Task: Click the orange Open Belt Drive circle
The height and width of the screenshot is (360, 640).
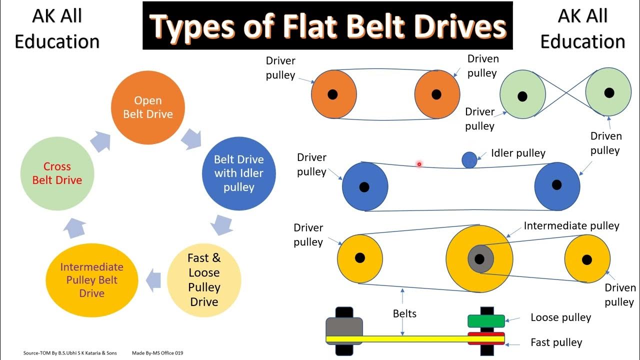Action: point(147,107)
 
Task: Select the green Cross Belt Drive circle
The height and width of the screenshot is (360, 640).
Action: point(57,173)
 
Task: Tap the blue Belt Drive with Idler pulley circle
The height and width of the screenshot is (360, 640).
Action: point(239,173)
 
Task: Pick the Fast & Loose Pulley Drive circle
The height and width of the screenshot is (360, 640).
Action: point(204,280)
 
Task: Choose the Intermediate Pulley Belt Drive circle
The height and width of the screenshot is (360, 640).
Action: point(91,280)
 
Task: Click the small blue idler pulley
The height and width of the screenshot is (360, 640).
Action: point(469,160)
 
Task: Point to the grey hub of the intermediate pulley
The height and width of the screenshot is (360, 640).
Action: point(480,259)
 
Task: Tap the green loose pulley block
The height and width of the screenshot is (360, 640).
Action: point(486,320)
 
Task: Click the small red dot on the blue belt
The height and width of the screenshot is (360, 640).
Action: point(419,164)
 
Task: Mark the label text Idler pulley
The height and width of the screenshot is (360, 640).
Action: point(518,153)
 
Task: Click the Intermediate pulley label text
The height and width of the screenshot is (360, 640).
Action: point(571,226)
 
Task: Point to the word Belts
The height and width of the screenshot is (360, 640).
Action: point(404,313)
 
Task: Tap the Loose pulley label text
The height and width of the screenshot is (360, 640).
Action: point(560,317)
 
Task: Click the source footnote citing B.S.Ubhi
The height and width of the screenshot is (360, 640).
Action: point(70,353)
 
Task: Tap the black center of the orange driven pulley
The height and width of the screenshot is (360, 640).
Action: point(436,94)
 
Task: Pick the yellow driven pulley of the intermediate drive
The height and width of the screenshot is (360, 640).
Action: point(587,259)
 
